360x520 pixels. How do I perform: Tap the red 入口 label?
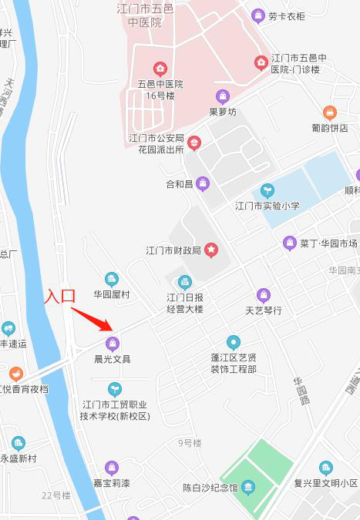(x=59, y=296)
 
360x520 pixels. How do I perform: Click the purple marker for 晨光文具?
(x=113, y=344)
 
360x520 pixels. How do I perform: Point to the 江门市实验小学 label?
(x=267, y=206)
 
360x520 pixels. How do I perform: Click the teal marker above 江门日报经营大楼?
(x=184, y=283)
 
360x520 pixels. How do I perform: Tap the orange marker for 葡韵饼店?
(x=330, y=112)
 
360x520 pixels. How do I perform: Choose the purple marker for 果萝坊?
(x=223, y=96)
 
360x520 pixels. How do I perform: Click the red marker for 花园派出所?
(x=194, y=143)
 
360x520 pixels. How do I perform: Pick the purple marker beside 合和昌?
(x=203, y=183)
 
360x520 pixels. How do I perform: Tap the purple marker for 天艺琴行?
(x=264, y=295)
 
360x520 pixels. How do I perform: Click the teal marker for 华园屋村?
(x=112, y=279)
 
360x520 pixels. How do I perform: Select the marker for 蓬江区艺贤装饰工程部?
(x=234, y=342)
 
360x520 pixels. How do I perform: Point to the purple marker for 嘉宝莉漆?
(x=112, y=467)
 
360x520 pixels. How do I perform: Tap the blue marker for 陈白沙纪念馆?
(x=247, y=487)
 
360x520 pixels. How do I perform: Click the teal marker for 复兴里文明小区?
(x=326, y=468)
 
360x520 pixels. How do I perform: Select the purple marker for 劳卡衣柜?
(x=257, y=15)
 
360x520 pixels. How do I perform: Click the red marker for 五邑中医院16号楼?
(x=160, y=68)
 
